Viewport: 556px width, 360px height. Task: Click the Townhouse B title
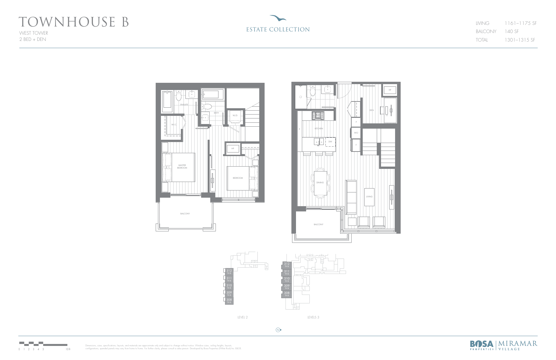[x=74, y=22]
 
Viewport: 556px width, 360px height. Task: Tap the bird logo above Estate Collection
[x=278, y=18]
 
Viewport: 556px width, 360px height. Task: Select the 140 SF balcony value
[x=512, y=31]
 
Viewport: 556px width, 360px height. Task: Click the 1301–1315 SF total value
[x=520, y=40]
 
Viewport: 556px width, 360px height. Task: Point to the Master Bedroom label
[x=182, y=167]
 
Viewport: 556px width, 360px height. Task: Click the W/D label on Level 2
[x=235, y=116]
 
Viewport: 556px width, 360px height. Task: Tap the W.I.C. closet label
[x=174, y=125]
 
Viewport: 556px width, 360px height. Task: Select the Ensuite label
[x=184, y=105]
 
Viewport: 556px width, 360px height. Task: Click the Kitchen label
[x=319, y=129]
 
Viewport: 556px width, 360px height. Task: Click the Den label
[x=372, y=110]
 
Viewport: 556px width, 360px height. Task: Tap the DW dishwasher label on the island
[x=330, y=142]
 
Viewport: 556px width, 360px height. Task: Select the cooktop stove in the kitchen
[x=318, y=116]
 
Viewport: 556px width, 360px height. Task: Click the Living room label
[x=369, y=197]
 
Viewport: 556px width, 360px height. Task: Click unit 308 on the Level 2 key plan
[x=229, y=300]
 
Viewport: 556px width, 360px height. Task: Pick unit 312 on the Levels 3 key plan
[x=287, y=264]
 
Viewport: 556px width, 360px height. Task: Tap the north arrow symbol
[x=278, y=330]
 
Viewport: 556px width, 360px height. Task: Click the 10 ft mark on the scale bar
[x=68, y=349]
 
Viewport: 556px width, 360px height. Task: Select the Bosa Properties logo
[x=482, y=345]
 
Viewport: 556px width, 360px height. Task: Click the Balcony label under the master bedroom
[x=185, y=214]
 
